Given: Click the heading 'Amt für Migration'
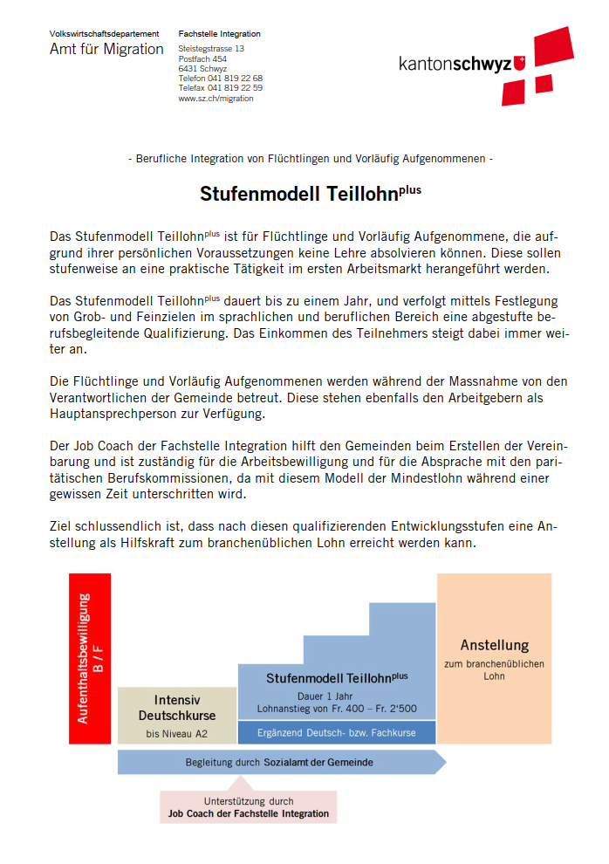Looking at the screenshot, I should click(x=106, y=50).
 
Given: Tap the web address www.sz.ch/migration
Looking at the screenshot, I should click(x=216, y=99).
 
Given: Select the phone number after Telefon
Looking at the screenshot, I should click(x=235, y=79).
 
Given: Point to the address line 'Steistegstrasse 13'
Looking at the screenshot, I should click(x=211, y=49).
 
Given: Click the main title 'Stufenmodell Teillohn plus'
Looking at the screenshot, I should click(x=310, y=193).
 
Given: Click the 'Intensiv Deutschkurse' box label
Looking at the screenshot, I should click(x=177, y=707).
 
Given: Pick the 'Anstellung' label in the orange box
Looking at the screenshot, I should click(x=495, y=646).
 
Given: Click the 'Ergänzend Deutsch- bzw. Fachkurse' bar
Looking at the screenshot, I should click(x=336, y=732).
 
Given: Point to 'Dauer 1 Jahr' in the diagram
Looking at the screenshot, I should click(x=336, y=696).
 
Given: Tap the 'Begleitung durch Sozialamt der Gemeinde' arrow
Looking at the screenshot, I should click(x=279, y=762).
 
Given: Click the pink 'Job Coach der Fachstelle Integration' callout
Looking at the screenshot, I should click(x=249, y=807).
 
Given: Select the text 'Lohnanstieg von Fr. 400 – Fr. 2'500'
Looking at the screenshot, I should click(x=336, y=708).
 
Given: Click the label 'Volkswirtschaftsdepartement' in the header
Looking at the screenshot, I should click(x=104, y=34).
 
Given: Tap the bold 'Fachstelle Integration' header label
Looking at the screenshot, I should click(x=219, y=34).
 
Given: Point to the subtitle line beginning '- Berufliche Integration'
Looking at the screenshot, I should click(x=310, y=159).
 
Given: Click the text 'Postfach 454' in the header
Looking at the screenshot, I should click(x=202, y=59).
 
